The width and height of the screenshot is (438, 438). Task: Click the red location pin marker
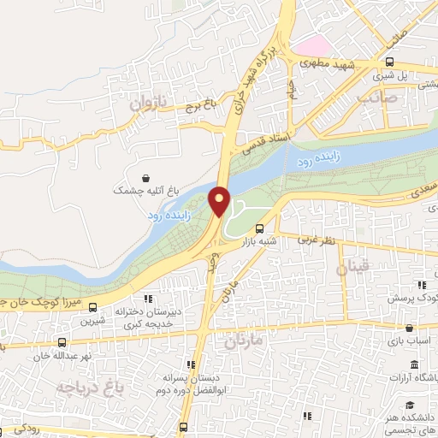[220, 201]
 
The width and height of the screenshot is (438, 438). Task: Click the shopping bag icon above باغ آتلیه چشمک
[147, 178]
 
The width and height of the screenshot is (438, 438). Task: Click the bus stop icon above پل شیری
[390, 62]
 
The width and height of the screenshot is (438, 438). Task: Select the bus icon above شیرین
[92, 308]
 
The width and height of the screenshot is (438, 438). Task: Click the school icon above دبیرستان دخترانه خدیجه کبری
[147, 299]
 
